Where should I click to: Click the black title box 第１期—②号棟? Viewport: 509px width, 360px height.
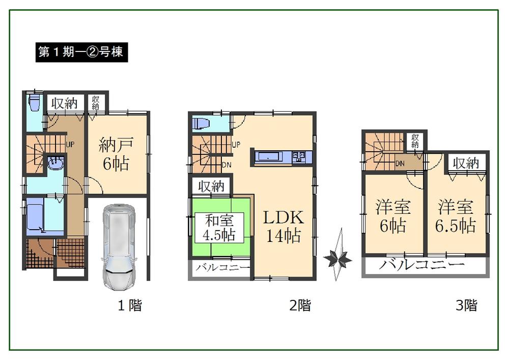(81, 52)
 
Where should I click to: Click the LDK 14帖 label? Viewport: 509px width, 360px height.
(284, 226)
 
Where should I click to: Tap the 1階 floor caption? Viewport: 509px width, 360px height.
(130, 306)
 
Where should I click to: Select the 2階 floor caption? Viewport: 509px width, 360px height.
(300, 306)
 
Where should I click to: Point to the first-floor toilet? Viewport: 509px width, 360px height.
(35, 103)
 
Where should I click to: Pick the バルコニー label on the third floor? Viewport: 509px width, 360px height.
(422, 265)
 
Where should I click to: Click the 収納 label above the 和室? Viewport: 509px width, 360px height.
(211, 186)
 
